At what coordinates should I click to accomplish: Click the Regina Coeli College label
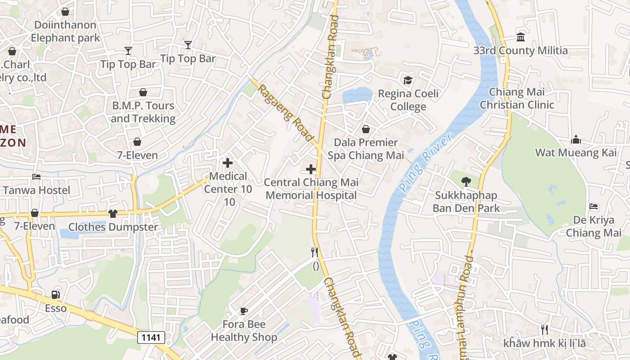408,100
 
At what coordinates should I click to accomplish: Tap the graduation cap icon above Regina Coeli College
408,80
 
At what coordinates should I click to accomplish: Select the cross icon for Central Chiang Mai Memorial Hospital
310,169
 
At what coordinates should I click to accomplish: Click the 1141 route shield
151,337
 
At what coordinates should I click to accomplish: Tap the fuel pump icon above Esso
56,295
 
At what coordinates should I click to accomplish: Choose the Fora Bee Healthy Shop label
244,331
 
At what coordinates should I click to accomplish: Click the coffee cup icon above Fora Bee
244,310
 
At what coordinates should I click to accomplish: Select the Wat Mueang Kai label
576,153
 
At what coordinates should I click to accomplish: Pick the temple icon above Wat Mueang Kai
576,139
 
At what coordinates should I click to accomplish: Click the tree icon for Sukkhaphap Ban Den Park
466,182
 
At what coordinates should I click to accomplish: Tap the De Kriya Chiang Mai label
594,226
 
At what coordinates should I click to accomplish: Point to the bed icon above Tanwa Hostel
36,177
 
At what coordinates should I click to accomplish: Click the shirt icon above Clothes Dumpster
113,213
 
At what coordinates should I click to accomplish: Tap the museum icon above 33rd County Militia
521,37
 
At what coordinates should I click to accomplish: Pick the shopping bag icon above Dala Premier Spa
366,129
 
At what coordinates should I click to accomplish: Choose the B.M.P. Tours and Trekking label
143,112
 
